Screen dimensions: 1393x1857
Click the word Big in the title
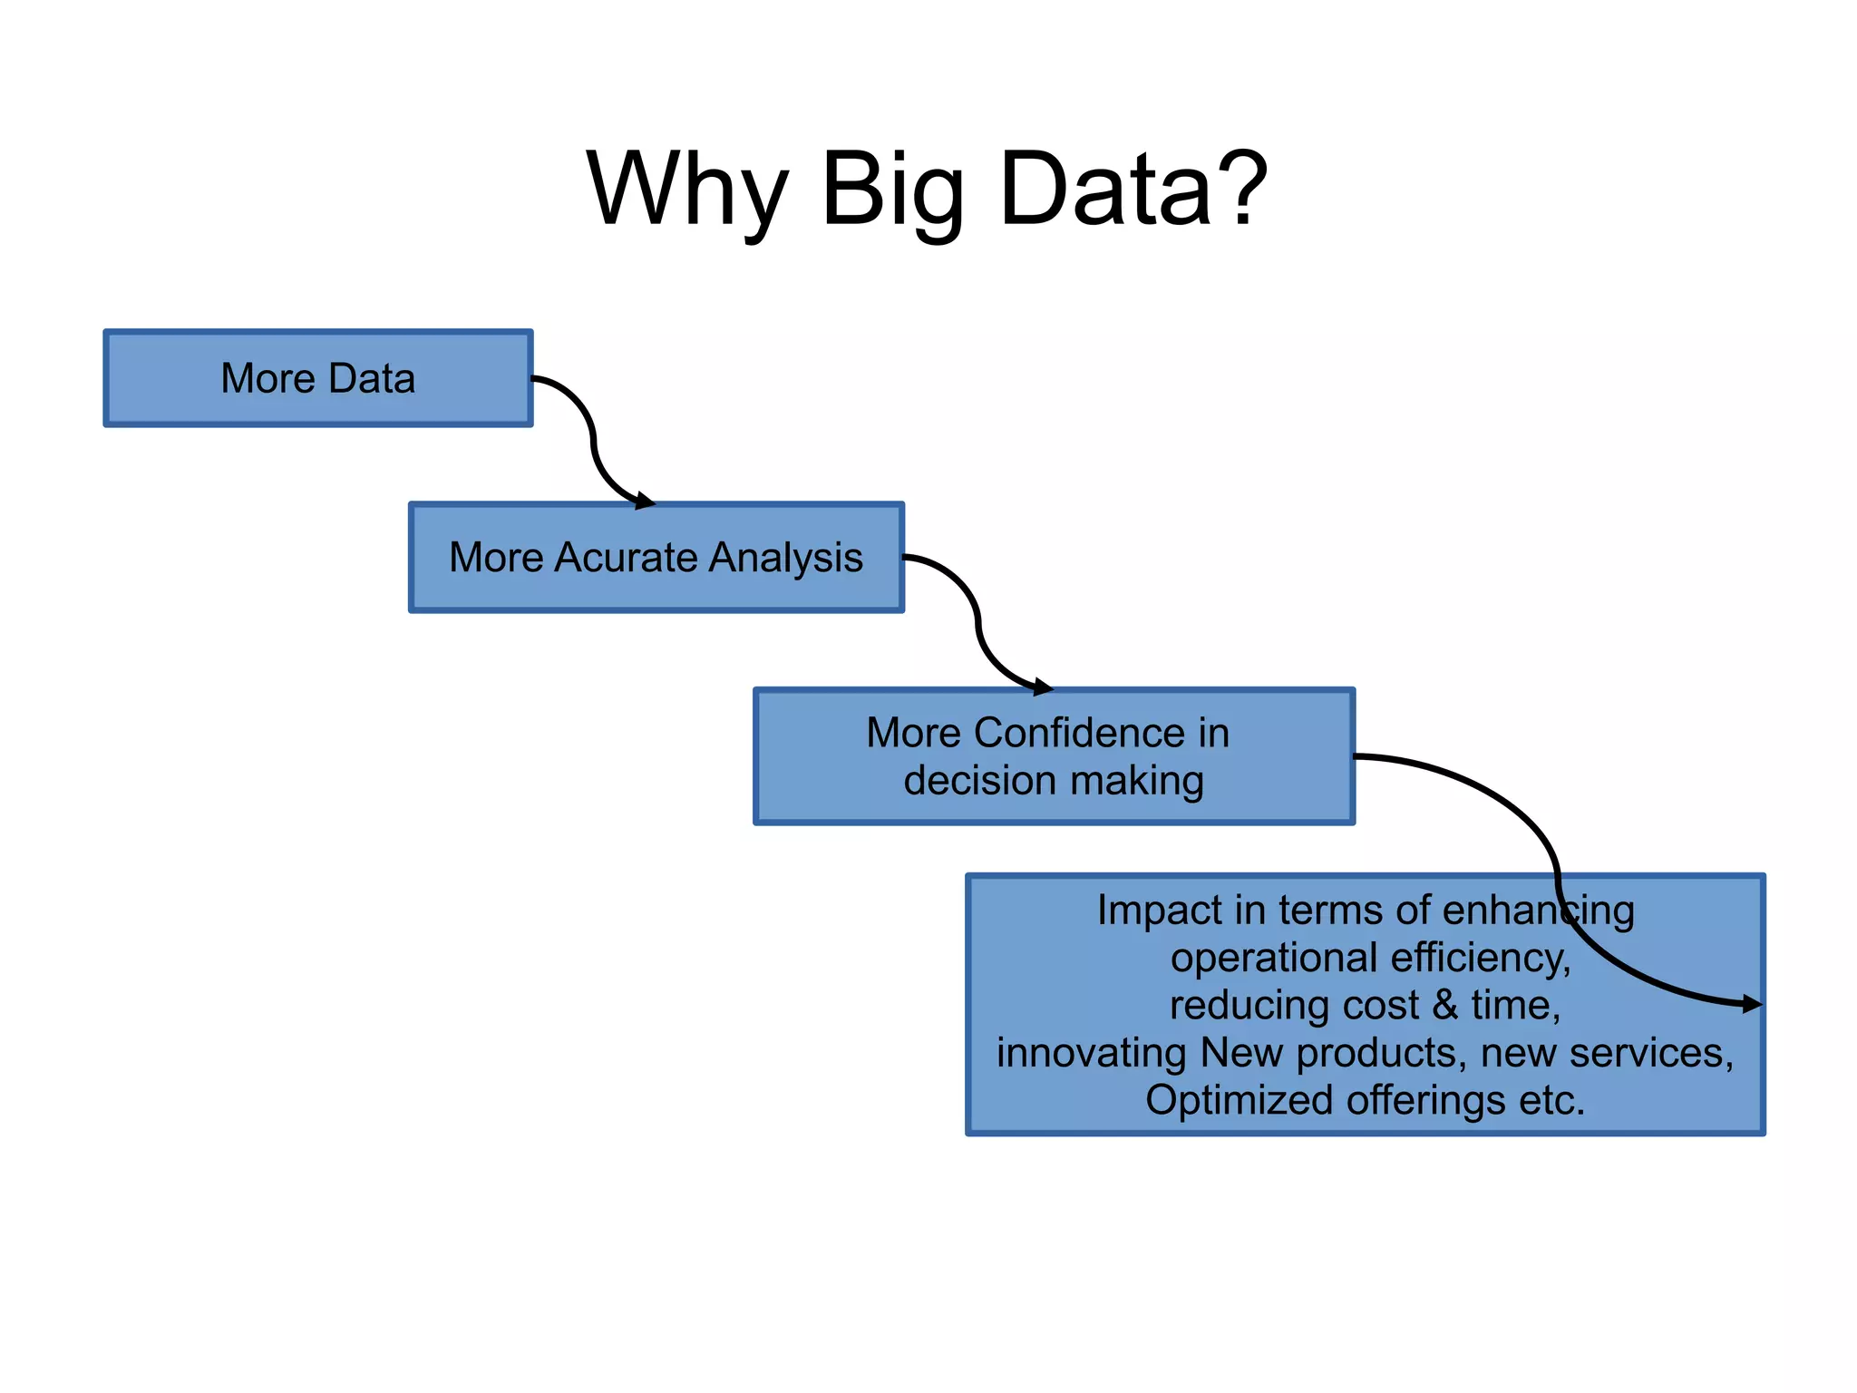pos(892,190)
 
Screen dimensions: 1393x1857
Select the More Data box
pos(318,378)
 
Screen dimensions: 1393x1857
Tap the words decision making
pos(1054,781)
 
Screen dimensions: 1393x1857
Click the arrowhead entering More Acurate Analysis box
pos(645,501)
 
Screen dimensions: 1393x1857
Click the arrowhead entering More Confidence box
pos(1044,687)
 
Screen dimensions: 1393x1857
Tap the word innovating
pos(1091,1053)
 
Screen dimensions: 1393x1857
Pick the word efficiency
pos(1480,958)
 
